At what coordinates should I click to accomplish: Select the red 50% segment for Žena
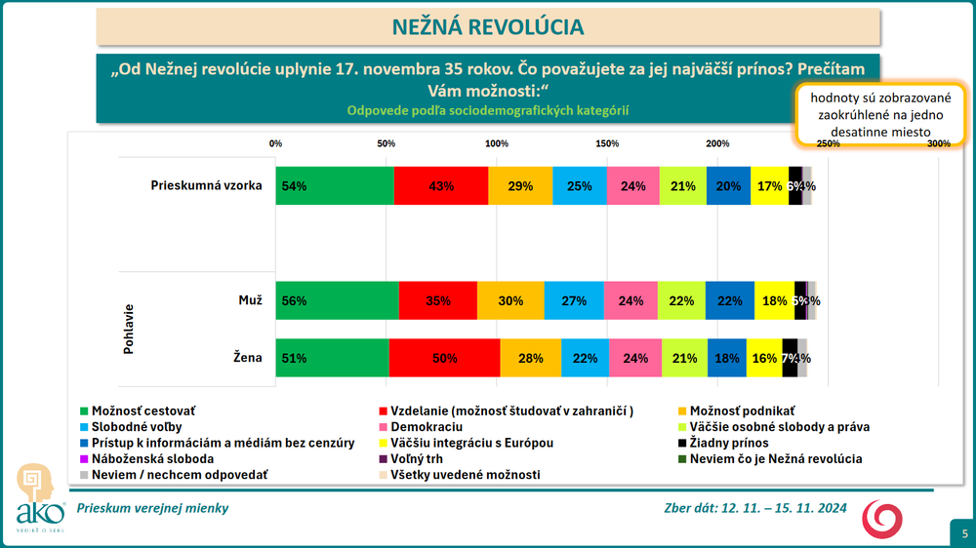[444, 358]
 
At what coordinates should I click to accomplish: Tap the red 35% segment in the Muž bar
[438, 301]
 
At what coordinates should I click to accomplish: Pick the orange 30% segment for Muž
[510, 301]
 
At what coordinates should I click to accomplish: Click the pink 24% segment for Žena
[635, 358]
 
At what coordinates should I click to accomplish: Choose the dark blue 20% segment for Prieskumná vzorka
[728, 186]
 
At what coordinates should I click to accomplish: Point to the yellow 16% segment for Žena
[764, 358]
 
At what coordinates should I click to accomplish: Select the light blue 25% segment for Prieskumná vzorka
[579, 186]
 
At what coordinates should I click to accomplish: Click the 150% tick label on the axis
[607, 144]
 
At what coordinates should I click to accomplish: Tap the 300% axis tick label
[939, 144]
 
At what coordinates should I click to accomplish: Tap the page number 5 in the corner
[964, 533]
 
